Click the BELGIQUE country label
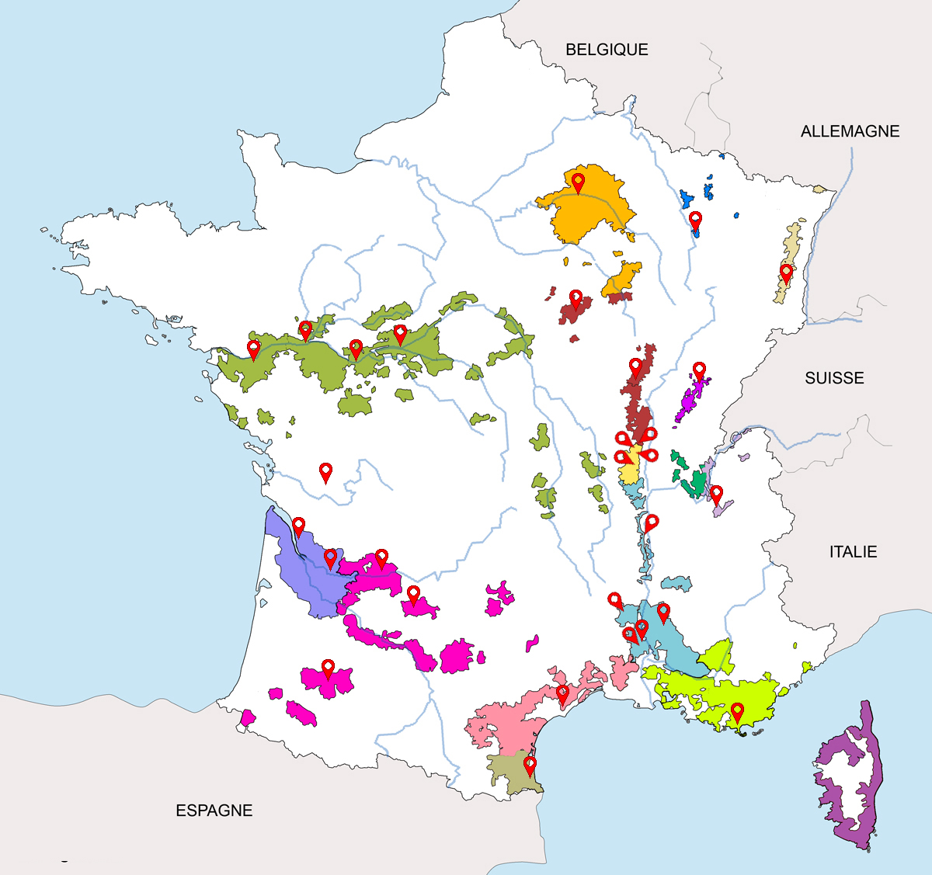click(607, 50)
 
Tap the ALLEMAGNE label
click(850, 131)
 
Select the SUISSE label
click(834, 378)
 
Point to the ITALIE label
click(853, 552)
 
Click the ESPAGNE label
click(214, 811)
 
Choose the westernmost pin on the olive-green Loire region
click(253, 349)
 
